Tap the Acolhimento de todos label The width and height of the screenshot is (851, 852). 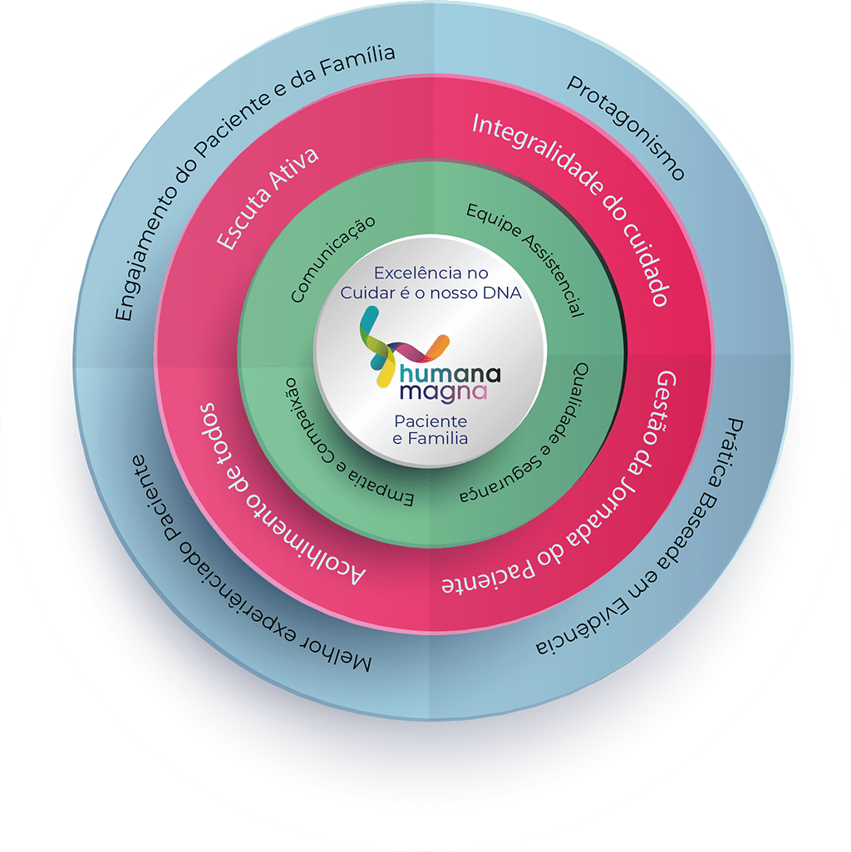(274, 499)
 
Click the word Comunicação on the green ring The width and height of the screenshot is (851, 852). (332, 259)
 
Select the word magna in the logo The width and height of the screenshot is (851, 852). (441, 390)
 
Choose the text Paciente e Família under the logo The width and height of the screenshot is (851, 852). (430, 429)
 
